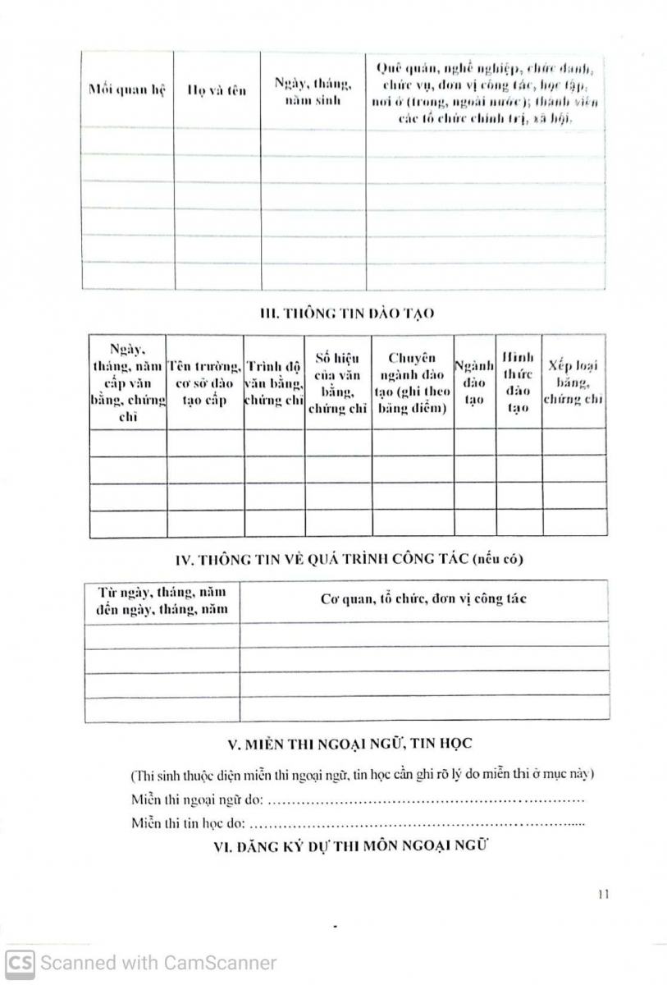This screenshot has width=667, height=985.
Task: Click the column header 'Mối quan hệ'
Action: (126, 90)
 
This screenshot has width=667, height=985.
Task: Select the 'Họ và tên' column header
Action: (217, 90)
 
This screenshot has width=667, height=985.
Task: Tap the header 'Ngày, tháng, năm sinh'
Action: (313, 91)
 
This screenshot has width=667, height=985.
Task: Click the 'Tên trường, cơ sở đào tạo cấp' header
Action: (205, 383)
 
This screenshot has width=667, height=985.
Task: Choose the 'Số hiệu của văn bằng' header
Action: (337, 383)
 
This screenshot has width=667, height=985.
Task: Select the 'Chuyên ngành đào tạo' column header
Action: (412, 383)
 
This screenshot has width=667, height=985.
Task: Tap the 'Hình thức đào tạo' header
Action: (519, 383)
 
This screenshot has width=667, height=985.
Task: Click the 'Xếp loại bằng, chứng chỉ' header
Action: (573, 383)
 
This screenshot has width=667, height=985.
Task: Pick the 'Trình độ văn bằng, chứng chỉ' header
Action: (274, 383)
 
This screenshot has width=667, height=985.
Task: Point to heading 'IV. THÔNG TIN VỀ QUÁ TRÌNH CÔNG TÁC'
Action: (349, 560)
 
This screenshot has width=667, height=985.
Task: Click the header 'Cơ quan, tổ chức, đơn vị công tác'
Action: (423, 598)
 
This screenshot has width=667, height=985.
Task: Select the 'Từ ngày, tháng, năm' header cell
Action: (162, 600)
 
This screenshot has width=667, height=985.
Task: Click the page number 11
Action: (603, 895)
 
